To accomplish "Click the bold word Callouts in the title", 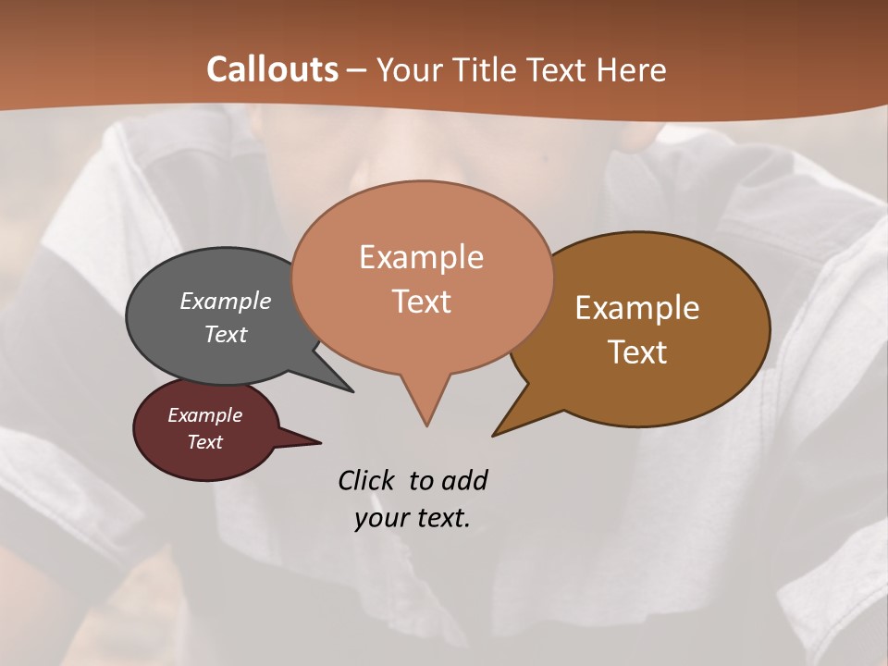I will tap(272, 69).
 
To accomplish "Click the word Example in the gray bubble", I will tap(226, 302).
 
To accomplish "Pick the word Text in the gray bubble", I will tap(226, 334).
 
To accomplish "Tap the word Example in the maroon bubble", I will tap(204, 415).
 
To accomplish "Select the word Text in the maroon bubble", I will tap(204, 442).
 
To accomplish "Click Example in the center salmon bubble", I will tap(421, 257).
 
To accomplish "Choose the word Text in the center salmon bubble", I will tap(421, 302).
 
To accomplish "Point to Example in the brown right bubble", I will tap(637, 308).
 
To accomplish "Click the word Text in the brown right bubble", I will tap(637, 352).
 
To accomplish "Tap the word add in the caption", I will tap(463, 481).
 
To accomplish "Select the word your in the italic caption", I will tap(381, 518).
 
